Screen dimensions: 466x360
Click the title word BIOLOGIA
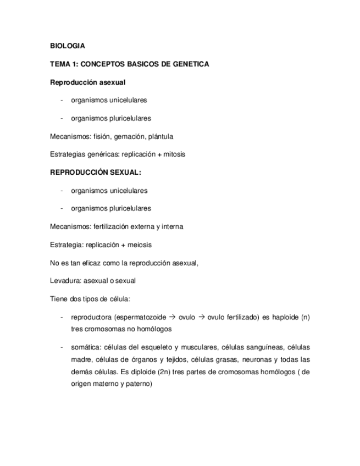click(x=67, y=46)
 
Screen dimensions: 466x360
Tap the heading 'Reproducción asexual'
click(x=87, y=82)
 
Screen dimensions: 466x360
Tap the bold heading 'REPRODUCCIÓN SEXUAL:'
click(x=95, y=173)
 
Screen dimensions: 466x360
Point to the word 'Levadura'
click(x=65, y=281)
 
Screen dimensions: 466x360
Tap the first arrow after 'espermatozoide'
click(x=171, y=317)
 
